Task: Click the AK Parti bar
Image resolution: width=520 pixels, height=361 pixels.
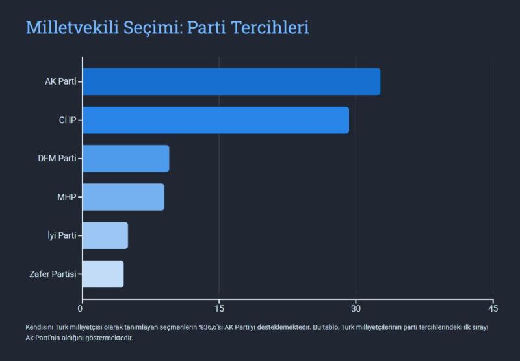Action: tap(231, 81)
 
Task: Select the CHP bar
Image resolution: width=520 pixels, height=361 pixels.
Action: tap(215, 120)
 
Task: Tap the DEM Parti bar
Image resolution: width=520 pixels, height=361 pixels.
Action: tap(125, 159)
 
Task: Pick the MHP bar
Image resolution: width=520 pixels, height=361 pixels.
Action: tap(123, 197)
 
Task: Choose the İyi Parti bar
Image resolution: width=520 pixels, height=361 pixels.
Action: tap(105, 235)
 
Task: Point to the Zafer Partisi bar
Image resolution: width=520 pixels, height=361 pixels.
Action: tap(103, 274)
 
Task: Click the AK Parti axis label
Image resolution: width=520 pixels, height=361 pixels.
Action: tap(60, 82)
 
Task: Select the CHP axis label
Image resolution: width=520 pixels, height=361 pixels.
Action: tap(68, 120)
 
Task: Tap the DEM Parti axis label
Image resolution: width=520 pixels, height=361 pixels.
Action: tap(57, 159)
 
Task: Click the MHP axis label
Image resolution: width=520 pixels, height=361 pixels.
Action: tap(67, 197)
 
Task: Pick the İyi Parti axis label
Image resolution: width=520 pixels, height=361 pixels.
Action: tap(62, 235)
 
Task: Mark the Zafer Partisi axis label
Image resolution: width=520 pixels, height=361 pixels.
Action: tap(53, 274)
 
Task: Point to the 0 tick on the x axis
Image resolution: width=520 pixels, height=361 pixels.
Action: tap(81, 308)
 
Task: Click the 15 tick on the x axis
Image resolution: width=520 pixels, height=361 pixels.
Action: tap(219, 308)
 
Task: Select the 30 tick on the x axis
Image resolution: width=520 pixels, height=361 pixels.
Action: tap(356, 308)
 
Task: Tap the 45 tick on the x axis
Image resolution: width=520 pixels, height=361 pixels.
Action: tap(493, 308)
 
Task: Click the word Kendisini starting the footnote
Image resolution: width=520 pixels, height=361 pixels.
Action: tap(41, 327)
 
